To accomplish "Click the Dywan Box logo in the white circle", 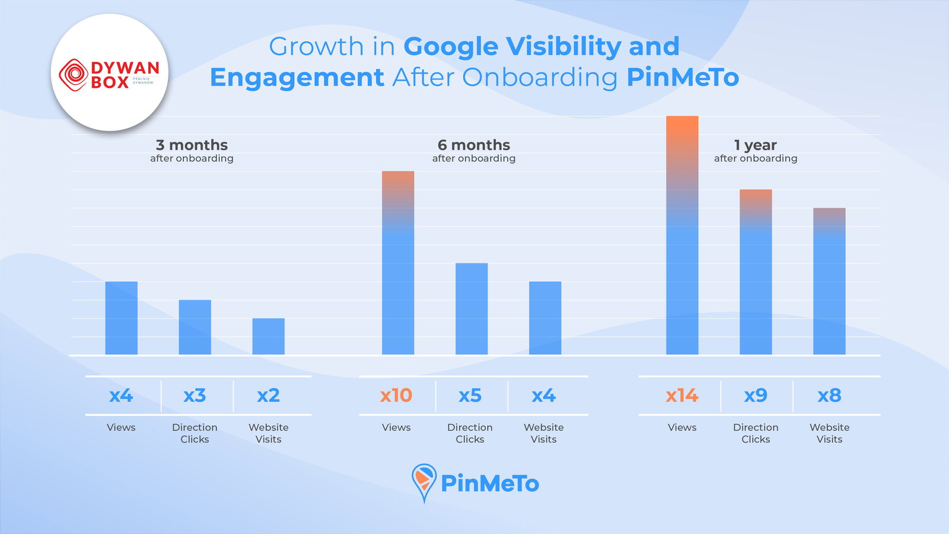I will [x=110, y=74].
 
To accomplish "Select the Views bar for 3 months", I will [x=122, y=318].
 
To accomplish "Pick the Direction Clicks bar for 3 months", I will [x=195, y=328].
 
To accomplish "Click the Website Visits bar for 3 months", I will [x=269, y=336].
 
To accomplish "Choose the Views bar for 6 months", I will [x=398, y=263].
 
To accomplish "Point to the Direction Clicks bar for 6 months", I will [x=472, y=309].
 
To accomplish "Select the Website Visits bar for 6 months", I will [x=545, y=318].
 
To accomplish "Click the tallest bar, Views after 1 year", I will [x=682, y=236].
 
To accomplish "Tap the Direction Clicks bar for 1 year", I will [x=756, y=272].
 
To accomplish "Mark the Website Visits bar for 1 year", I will [x=829, y=281].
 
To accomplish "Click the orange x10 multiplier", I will [x=396, y=395].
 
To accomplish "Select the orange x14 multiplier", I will [x=682, y=395].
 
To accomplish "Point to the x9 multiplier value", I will [x=756, y=395].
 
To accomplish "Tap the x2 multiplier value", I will [x=269, y=395].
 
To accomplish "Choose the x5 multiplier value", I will [x=470, y=395].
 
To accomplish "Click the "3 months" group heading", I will [x=192, y=145].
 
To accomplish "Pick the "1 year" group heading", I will [x=755, y=145].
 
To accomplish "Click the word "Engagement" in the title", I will [x=297, y=78].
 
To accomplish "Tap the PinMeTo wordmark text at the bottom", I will [x=490, y=484].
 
